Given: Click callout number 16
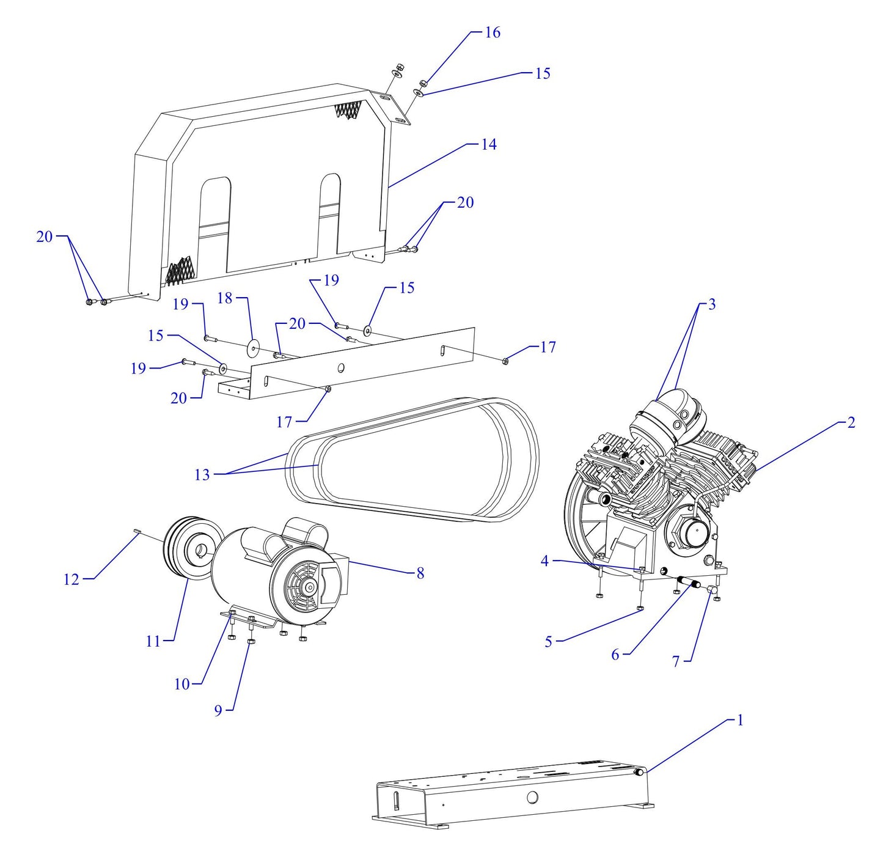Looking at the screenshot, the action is click(x=492, y=32).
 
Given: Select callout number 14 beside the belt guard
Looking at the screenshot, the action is click(x=488, y=144).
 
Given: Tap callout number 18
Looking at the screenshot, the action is click(x=225, y=298).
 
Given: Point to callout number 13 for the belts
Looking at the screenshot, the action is click(x=202, y=475).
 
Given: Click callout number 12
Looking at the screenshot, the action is click(x=71, y=579).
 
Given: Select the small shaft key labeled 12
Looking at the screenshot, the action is click(x=137, y=532).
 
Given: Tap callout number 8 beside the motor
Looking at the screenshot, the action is click(x=420, y=573).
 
